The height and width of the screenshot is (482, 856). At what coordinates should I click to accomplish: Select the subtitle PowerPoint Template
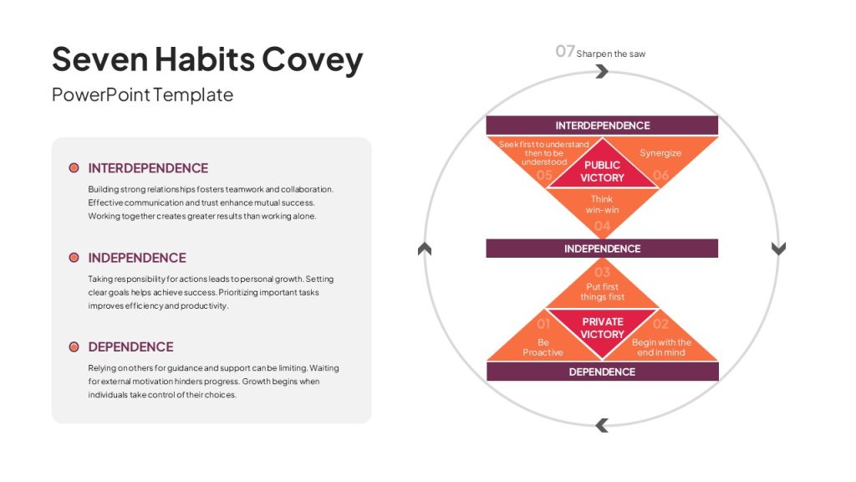pos(142,95)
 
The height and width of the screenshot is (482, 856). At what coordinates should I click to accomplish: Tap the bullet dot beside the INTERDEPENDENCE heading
pos(74,167)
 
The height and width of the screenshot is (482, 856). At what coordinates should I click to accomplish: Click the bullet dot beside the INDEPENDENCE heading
pos(74,258)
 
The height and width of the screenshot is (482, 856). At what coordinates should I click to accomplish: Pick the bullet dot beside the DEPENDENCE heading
pos(74,347)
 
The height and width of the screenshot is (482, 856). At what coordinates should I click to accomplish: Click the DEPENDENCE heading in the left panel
pos(130,347)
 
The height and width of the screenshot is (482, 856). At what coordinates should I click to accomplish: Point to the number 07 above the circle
pos(565,51)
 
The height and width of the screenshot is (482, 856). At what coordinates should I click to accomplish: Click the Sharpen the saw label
pos(611,54)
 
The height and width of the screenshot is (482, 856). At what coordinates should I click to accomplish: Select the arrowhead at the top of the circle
pos(602,71)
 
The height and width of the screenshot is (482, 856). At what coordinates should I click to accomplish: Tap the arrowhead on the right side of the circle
pos(778,248)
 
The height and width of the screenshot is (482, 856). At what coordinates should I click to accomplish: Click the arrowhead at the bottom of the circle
pos(602,425)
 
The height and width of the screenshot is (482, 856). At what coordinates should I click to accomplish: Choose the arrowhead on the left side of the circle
pos(424,249)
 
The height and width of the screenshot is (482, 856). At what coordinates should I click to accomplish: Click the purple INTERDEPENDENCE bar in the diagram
pos(602,126)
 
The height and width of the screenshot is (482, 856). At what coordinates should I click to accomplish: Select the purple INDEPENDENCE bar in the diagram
pos(602,249)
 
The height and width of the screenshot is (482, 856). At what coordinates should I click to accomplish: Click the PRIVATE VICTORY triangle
pos(602,328)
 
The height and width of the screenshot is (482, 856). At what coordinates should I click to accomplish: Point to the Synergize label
pos(660,153)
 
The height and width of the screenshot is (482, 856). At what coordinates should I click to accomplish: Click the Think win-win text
pos(602,204)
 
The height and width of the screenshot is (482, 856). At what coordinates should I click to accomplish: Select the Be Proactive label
pos(543,347)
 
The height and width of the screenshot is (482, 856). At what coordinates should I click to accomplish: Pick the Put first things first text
pos(602,292)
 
